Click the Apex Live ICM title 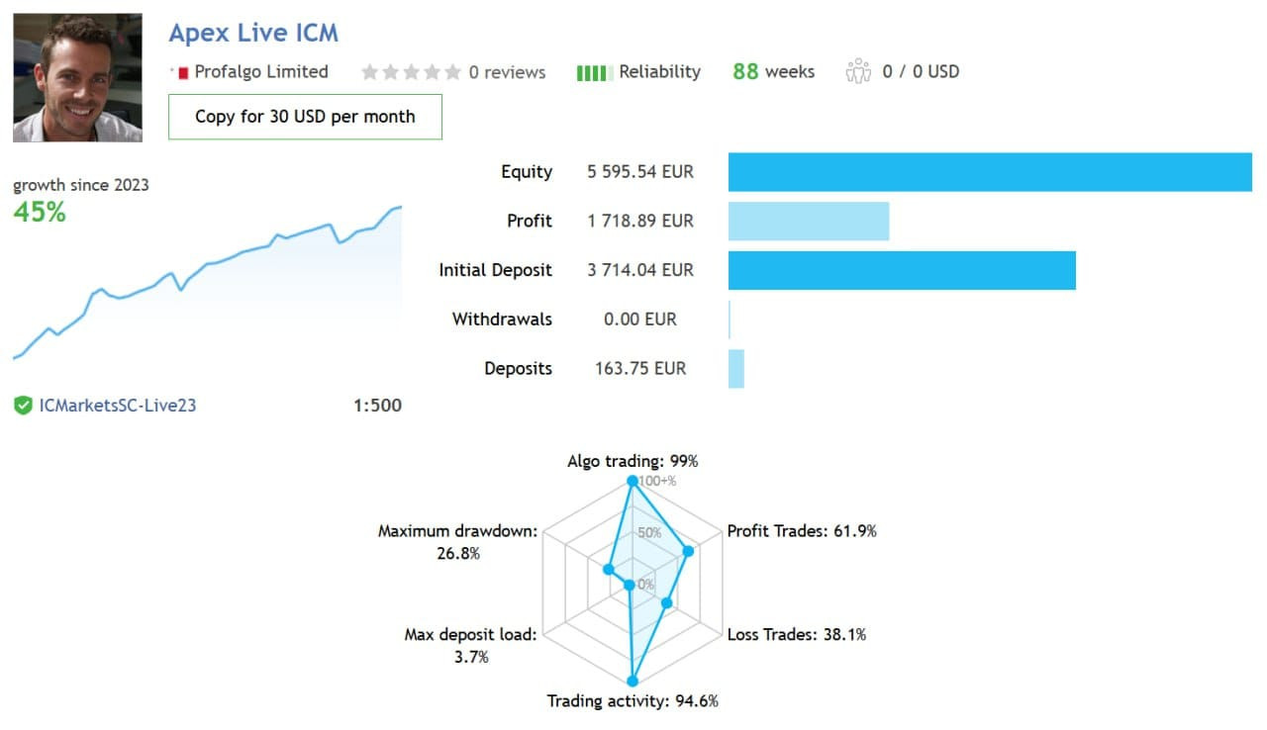point(253,33)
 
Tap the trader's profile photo point(77,77)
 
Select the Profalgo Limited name point(261,71)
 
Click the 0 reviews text point(507,72)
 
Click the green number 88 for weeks point(745,71)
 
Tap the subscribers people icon point(857,71)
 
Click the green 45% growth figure point(40,212)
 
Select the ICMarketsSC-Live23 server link point(118,405)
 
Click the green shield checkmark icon point(23,405)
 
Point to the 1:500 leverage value point(377,405)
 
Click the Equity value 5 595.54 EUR point(640,171)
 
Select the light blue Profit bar point(809,221)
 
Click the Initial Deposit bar point(902,270)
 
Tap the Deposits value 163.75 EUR point(640,368)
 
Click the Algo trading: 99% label point(633,461)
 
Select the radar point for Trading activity point(633,681)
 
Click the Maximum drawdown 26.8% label point(458,542)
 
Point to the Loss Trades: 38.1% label point(797,634)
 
